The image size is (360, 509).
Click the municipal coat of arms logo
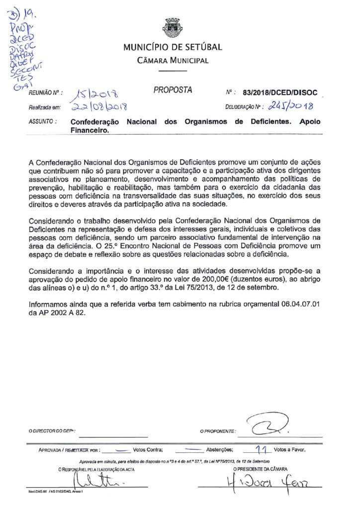point(173,28)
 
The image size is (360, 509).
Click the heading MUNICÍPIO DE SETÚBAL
point(173,48)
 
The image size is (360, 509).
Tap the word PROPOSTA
point(173,90)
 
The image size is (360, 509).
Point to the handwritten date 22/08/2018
point(99,106)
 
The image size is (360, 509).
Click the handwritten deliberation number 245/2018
point(290,105)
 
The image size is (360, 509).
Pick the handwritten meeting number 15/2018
point(95,93)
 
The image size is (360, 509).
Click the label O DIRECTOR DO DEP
point(52,431)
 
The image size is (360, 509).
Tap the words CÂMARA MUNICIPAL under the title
point(173,61)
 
